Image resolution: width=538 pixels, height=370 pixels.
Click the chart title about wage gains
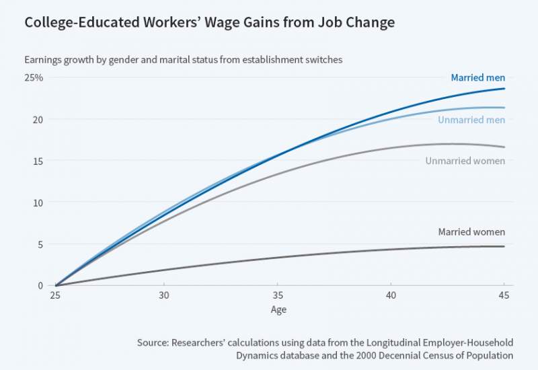(x=209, y=23)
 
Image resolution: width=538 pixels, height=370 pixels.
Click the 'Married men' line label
(x=477, y=78)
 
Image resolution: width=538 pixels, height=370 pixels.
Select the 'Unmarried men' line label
(x=471, y=120)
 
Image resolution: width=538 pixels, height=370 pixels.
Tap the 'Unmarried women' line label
(x=465, y=161)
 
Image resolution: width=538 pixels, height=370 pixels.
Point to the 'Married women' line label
(x=471, y=232)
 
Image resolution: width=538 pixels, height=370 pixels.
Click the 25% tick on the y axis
(x=34, y=78)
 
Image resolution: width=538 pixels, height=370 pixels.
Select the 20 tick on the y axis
(x=38, y=120)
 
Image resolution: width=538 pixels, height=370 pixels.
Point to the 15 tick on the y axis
(x=38, y=161)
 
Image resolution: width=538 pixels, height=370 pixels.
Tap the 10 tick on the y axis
(x=38, y=202)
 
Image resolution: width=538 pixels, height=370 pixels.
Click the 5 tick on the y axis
(x=40, y=244)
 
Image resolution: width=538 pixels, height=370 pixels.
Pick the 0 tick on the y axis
(x=40, y=285)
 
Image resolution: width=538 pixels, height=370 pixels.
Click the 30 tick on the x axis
(x=163, y=295)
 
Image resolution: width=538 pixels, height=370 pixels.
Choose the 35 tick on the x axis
(x=277, y=295)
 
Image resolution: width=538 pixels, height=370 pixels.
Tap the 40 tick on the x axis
(x=391, y=295)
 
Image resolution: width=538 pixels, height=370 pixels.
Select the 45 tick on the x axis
(x=504, y=295)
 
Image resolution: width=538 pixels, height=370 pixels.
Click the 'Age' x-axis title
(x=278, y=310)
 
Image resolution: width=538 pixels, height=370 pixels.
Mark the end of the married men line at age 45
(x=504, y=89)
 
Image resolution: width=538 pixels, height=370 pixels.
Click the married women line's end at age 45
(x=504, y=246)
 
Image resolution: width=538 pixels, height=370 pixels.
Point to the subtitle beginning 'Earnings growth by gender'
(x=184, y=59)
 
